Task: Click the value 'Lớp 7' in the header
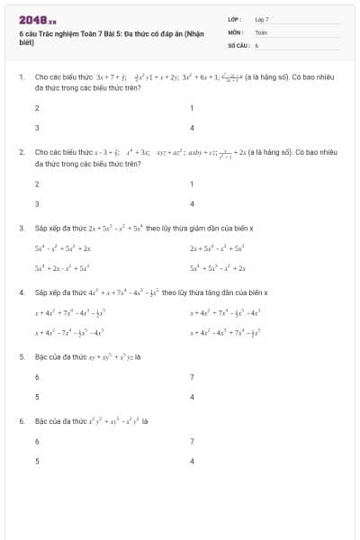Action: coord(261,19)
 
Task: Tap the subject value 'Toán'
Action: coord(261,31)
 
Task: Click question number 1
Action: coord(21,78)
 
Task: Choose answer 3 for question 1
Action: coord(37,128)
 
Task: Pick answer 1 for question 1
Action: coord(192,108)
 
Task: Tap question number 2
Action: coord(21,154)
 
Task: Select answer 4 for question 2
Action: coord(192,203)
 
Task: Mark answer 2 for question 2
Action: coord(37,184)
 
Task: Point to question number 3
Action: coord(21,229)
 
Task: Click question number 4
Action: coord(21,293)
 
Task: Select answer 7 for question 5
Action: coord(192,377)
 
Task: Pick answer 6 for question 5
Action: coord(37,377)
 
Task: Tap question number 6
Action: coord(21,421)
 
